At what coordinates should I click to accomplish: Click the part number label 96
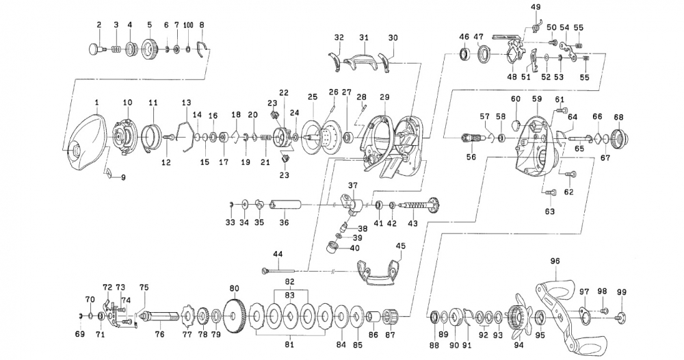[555, 261]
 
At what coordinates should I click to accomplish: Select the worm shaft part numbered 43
[421, 204]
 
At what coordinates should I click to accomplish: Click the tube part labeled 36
[285, 204]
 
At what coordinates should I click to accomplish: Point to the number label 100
[188, 25]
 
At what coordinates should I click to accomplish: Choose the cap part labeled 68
[618, 138]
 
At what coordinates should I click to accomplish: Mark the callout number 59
[536, 99]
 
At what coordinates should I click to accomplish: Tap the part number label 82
[289, 281]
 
